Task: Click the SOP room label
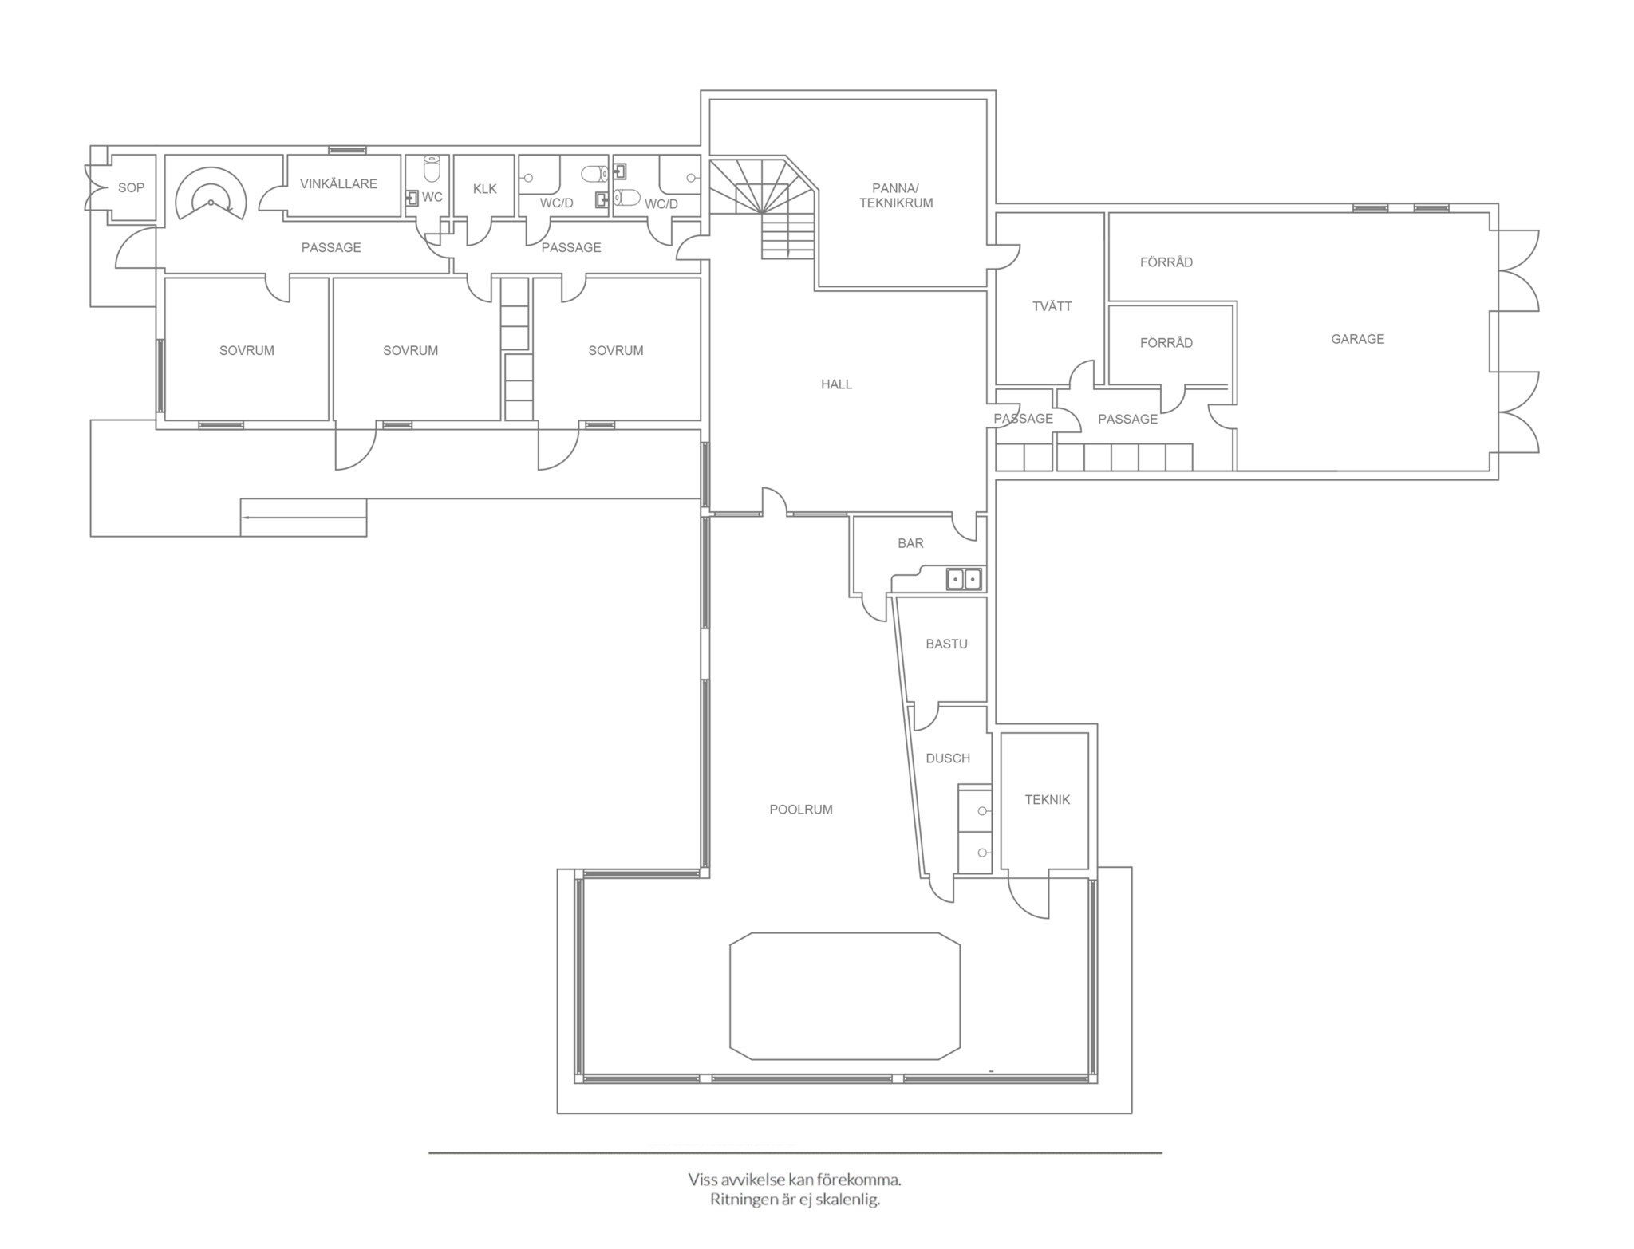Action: point(131,188)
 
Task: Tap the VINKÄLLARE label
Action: point(338,183)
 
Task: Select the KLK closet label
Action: point(484,189)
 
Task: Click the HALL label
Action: point(836,384)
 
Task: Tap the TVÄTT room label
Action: point(1052,306)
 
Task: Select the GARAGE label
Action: point(1357,339)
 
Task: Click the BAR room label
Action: point(910,543)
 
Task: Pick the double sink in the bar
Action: point(964,579)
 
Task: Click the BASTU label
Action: point(946,644)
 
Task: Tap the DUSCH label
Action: point(948,758)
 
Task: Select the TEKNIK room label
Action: point(1047,799)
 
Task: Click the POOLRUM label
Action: point(800,810)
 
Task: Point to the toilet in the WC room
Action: point(432,168)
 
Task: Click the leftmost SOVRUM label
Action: point(247,350)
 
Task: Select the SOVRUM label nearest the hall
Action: point(615,350)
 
